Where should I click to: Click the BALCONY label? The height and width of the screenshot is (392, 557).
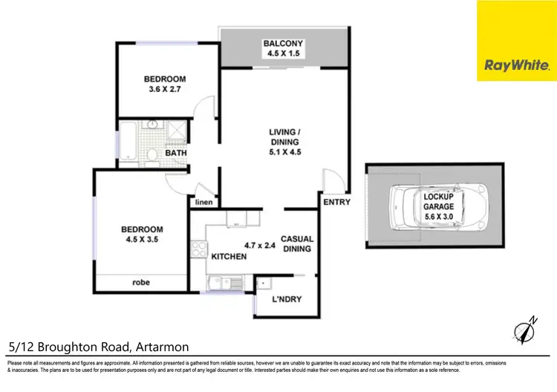pos(283,43)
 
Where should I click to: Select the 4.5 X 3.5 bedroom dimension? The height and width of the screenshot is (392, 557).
pos(143,240)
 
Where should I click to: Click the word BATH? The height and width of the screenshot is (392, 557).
pos(176,153)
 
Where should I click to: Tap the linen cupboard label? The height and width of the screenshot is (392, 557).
pos(204,202)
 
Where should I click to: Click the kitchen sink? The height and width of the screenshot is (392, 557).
pos(221,282)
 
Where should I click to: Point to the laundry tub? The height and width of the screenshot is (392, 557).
pos(264,284)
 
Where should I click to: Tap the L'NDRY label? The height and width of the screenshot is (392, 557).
pos(287,300)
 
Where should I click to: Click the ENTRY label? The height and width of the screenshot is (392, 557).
pos(336,202)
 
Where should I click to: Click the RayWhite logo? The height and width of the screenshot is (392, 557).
pos(517,41)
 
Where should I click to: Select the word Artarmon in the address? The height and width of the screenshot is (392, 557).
pos(163,347)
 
